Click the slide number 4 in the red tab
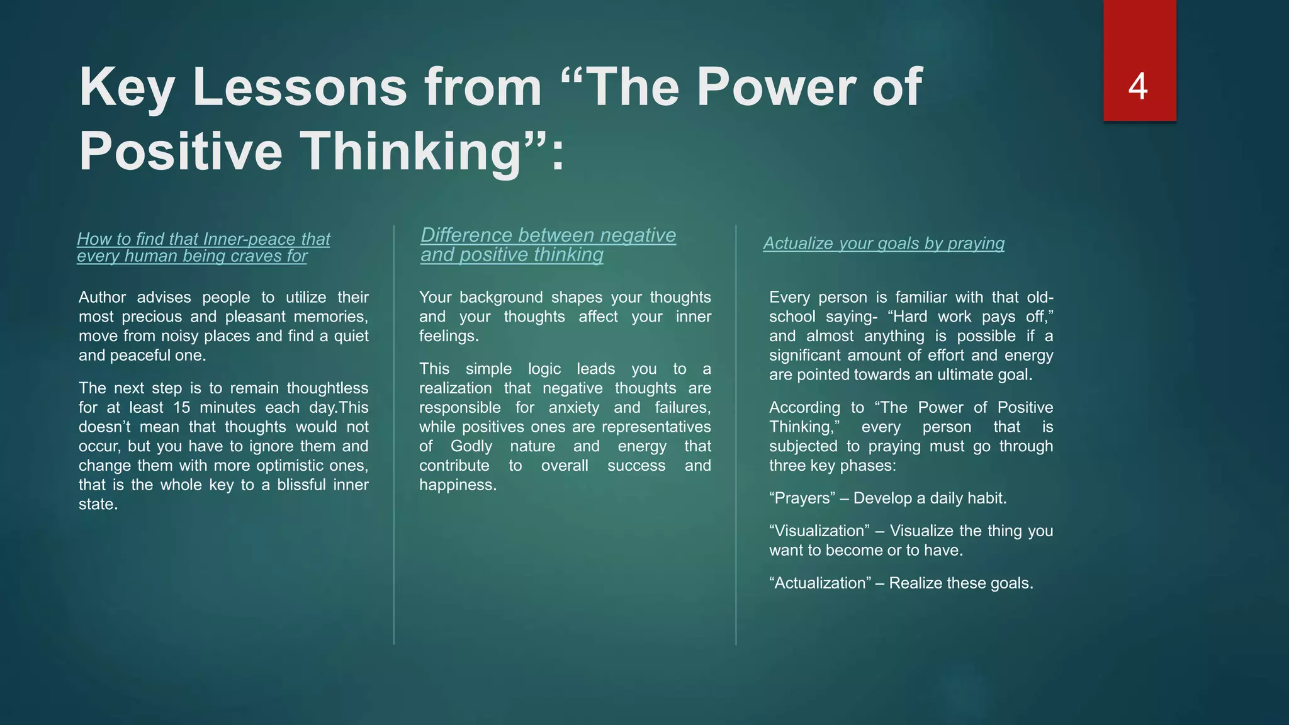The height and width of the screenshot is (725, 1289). coord(1138,86)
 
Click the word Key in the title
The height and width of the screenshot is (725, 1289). coord(127,87)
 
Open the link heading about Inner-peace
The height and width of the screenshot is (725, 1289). coord(203,247)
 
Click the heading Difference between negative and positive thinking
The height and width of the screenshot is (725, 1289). coord(548,244)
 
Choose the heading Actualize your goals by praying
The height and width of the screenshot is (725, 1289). coord(884,243)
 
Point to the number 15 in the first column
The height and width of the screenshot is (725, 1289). coord(182,407)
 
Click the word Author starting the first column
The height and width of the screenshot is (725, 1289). coord(103,297)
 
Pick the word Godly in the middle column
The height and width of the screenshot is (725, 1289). coord(471,446)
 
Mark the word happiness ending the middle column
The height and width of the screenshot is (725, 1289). coord(457,485)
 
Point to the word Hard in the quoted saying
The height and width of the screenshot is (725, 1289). coord(910,317)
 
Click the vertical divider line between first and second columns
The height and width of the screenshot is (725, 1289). coord(394,434)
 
